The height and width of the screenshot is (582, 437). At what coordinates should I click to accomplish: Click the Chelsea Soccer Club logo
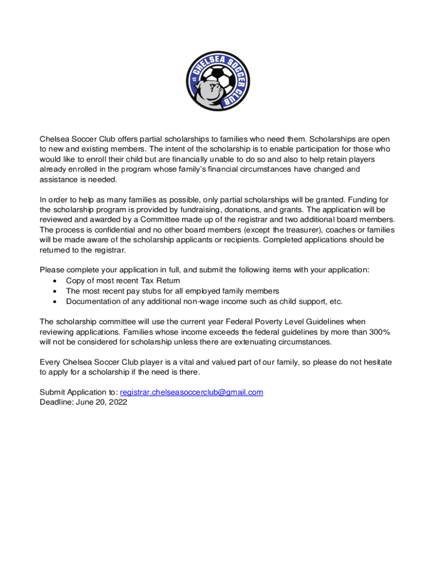coord(218,81)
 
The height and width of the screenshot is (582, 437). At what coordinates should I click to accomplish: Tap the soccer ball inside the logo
coord(218,76)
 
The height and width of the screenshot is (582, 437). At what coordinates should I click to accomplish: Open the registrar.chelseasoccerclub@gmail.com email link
coord(192,392)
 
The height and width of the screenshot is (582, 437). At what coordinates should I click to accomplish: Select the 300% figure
coord(375,332)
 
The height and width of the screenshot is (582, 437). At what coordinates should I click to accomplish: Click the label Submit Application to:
coord(78,392)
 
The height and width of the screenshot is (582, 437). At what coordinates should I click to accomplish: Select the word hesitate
coord(373,362)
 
